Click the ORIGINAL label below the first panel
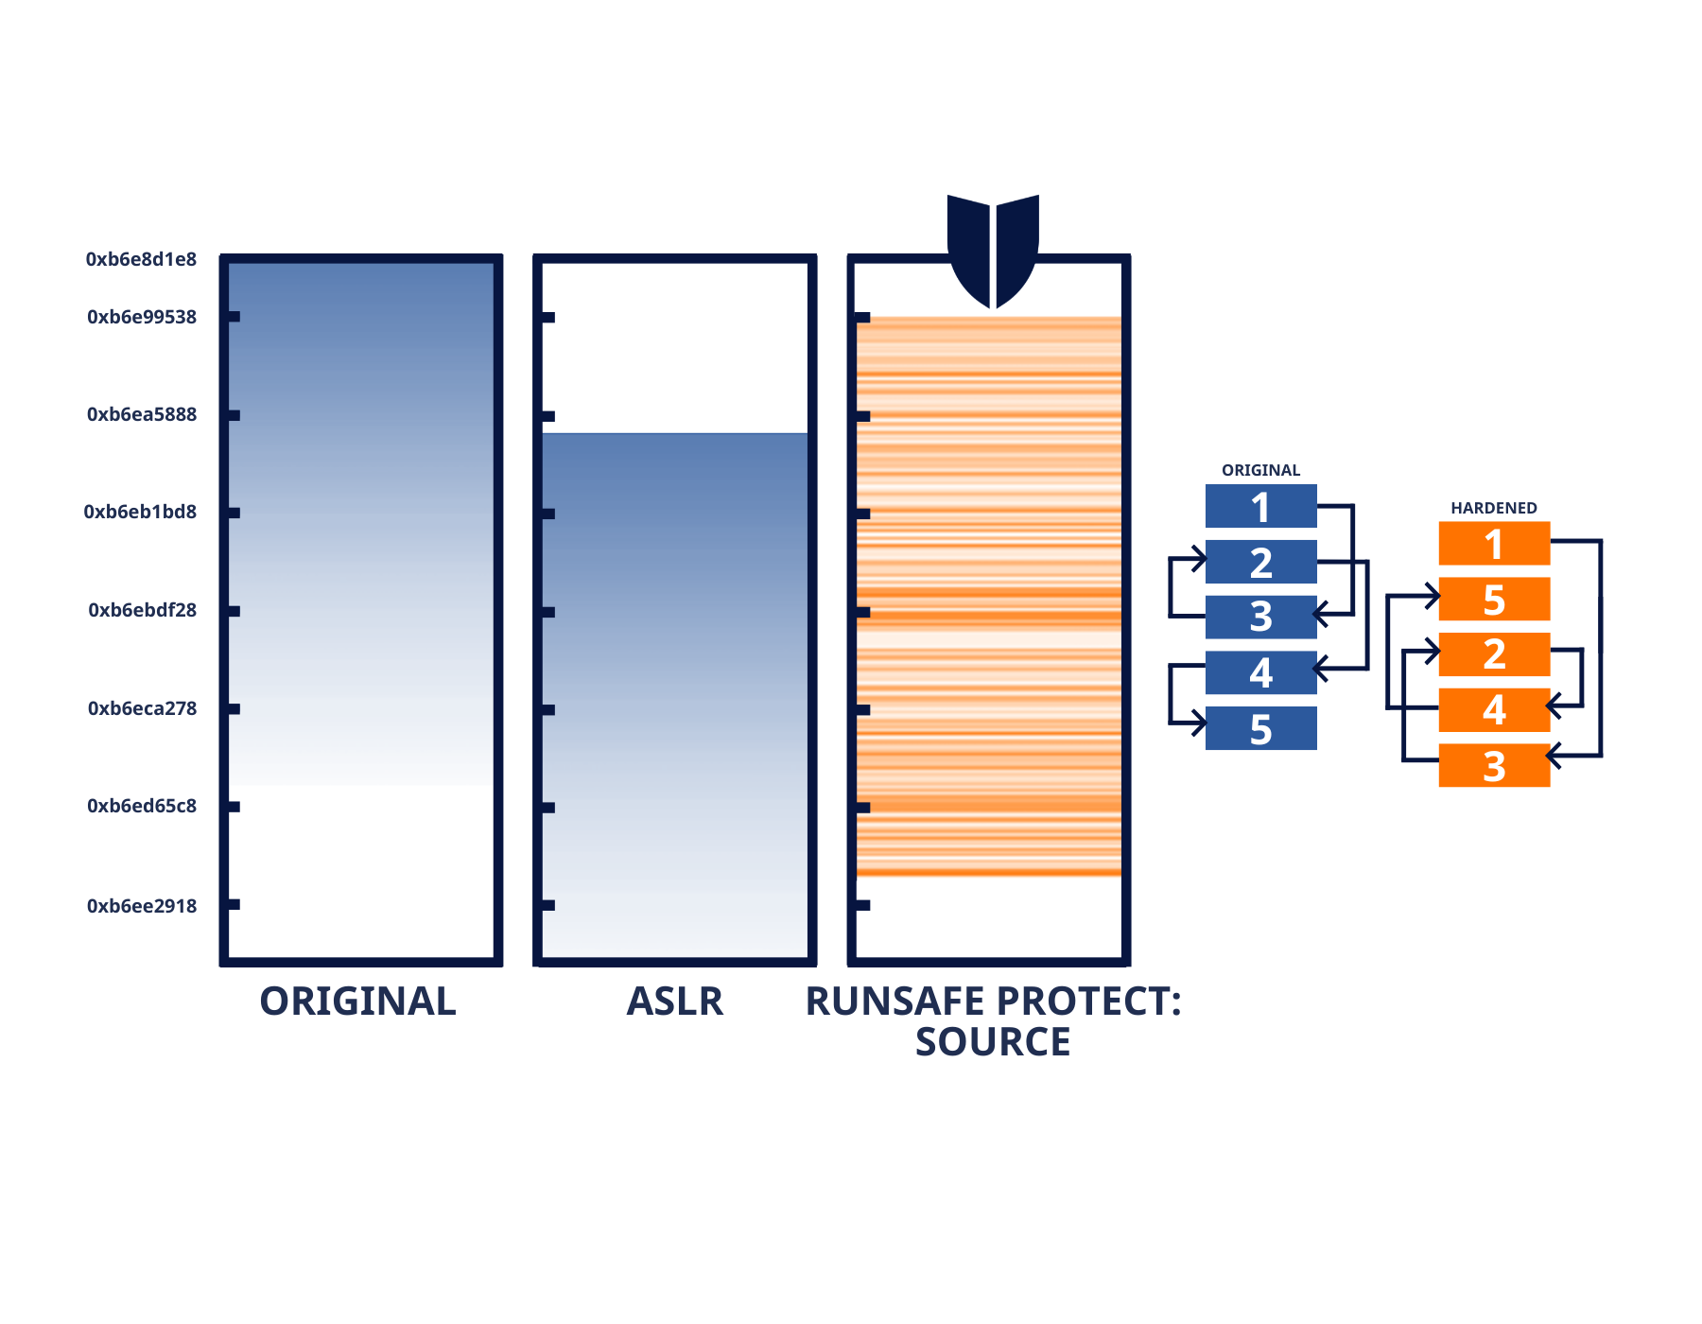pyautogui.click(x=357, y=1002)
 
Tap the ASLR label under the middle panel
pyautogui.click(x=675, y=1002)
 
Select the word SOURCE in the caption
pyautogui.click(x=993, y=1042)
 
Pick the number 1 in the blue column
pyautogui.click(x=1260, y=509)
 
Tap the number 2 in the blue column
pyautogui.click(x=1260, y=564)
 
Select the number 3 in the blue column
pyautogui.click(x=1260, y=617)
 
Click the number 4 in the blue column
pyautogui.click(x=1260, y=673)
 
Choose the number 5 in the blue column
pyautogui.click(x=1260, y=730)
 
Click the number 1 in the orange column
pyautogui.click(x=1494, y=546)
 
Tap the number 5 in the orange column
pyautogui.click(x=1494, y=601)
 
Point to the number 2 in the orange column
pyautogui.click(x=1494, y=654)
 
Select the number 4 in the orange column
pyautogui.click(x=1494, y=710)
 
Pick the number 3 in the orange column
pyautogui.click(x=1494, y=767)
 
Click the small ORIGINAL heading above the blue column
pyautogui.click(x=1260, y=472)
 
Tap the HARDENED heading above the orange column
pyautogui.click(x=1494, y=511)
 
